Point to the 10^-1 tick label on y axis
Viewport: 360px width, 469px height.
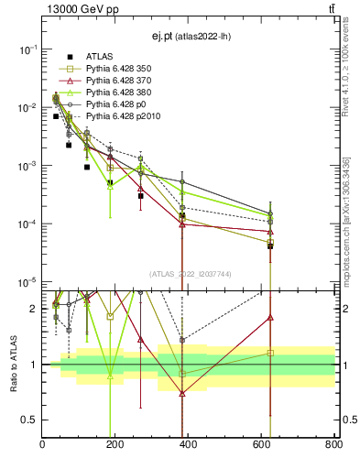(x=27, y=49)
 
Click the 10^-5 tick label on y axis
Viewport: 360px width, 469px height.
(x=27, y=282)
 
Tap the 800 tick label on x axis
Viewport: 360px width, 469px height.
(x=333, y=446)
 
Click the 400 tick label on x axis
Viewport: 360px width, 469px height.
(x=188, y=446)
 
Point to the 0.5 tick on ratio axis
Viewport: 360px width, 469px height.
(x=32, y=420)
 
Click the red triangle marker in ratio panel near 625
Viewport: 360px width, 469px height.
(x=270, y=317)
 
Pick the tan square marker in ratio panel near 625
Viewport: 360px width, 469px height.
(x=270, y=353)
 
